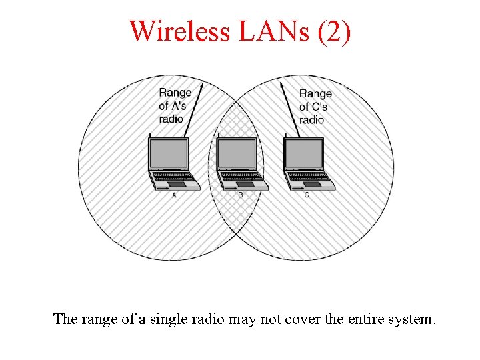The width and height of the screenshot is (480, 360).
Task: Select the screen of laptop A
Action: [169, 154]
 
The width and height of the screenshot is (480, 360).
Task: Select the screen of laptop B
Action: [237, 154]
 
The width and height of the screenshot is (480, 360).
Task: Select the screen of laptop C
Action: [304, 154]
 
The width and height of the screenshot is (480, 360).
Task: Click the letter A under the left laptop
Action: [174, 195]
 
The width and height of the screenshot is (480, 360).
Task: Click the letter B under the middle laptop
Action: [241, 195]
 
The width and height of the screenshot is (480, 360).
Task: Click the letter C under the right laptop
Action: [307, 195]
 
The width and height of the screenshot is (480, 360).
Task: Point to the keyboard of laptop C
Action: [307, 177]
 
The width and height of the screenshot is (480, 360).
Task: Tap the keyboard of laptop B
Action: [241, 177]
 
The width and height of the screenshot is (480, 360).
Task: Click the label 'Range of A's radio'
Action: [175, 105]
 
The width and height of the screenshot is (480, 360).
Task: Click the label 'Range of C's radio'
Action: [315, 107]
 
